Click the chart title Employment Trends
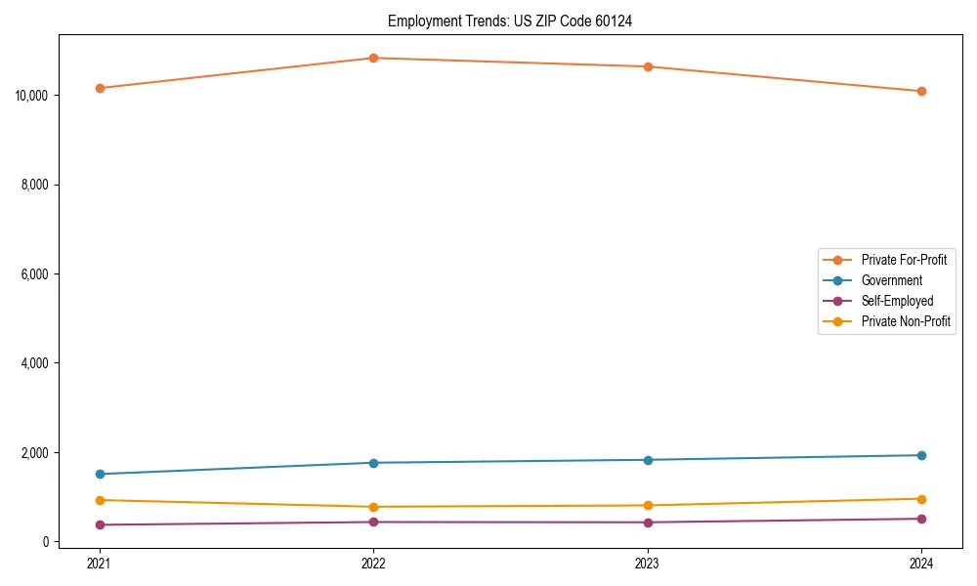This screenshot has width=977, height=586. click(x=509, y=21)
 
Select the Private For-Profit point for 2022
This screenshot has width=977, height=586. click(x=373, y=58)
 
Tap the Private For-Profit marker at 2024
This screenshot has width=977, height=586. click(x=921, y=91)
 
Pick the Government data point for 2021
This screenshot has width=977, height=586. click(x=100, y=474)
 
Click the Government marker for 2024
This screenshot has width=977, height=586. click(x=921, y=455)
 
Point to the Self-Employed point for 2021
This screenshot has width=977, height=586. click(x=100, y=524)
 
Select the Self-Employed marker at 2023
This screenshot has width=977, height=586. click(x=648, y=522)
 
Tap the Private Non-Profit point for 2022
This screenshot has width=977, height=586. click(x=373, y=507)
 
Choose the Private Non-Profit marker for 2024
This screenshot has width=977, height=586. click(x=921, y=499)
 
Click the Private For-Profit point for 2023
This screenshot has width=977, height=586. click(x=648, y=66)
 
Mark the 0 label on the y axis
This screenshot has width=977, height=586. click(x=47, y=542)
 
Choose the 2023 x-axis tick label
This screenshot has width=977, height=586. click(x=648, y=563)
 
